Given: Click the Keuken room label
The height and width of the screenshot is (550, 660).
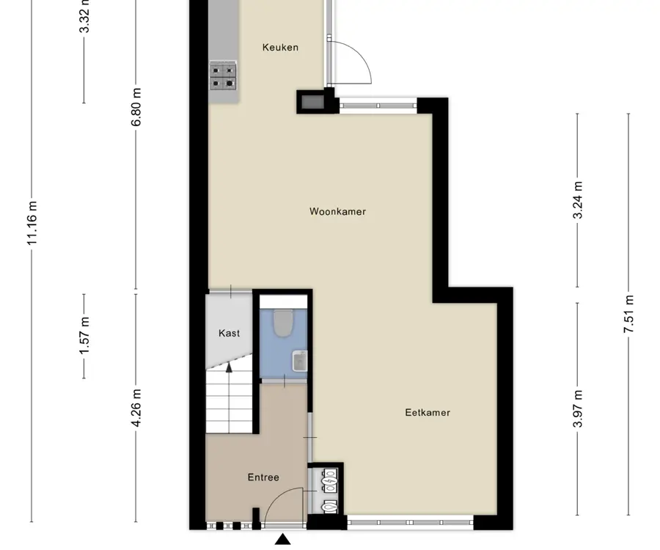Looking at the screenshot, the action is (x=280, y=47).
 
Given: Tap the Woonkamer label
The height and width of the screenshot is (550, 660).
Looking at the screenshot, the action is (x=337, y=211).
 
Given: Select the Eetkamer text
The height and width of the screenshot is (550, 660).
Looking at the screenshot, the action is (x=428, y=412).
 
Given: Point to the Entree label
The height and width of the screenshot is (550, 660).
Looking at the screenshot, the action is (x=263, y=477).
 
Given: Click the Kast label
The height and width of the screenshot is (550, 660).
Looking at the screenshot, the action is (x=229, y=333).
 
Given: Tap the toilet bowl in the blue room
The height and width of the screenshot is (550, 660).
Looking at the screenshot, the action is (x=283, y=323).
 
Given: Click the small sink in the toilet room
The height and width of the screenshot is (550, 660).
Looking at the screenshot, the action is (x=300, y=361).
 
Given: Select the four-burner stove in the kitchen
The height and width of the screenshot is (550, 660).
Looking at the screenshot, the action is (x=223, y=76).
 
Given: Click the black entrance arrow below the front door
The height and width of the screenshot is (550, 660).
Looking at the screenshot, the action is (x=283, y=540).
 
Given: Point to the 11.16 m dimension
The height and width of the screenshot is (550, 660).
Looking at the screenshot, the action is (x=32, y=223).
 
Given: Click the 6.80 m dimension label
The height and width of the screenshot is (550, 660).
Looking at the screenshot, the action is (x=136, y=107).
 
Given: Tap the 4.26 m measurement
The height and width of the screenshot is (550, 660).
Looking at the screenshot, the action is (x=136, y=408).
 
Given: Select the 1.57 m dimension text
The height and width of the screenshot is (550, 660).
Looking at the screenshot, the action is (x=84, y=336).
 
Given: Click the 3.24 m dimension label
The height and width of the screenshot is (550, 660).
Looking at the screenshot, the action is (x=578, y=200).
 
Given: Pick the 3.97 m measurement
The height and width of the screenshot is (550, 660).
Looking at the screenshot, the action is (x=578, y=408).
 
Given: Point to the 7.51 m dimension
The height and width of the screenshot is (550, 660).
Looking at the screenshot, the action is (x=629, y=314).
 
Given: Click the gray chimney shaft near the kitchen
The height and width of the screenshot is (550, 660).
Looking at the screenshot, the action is (x=312, y=102).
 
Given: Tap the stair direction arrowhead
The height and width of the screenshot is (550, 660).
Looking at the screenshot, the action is (x=229, y=368).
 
